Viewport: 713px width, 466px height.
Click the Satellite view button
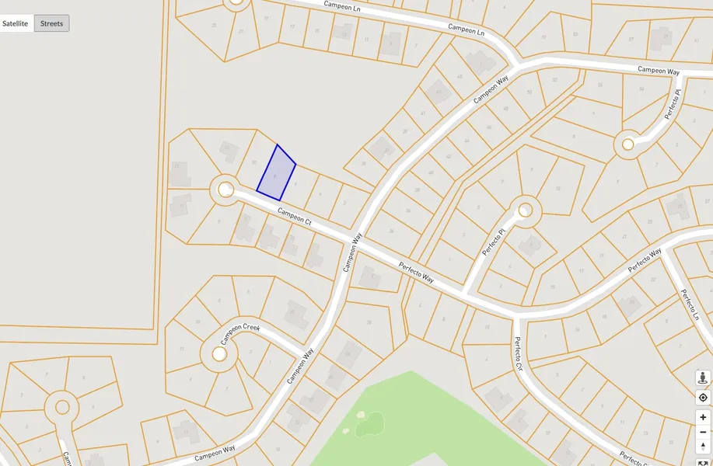pos(16,23)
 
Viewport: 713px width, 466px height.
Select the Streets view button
pos(52,23)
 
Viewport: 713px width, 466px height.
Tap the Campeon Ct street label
pos(295,217)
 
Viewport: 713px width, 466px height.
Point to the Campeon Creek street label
pos(239,333)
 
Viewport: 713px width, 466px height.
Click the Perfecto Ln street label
pos(690,305)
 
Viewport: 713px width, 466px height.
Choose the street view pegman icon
pos(703,378)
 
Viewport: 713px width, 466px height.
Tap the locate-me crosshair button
pos(703,398)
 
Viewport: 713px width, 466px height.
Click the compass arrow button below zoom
pos(703,447)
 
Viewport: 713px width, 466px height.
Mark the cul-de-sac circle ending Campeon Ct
pos(225,190)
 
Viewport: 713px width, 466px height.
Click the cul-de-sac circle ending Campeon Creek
pos(219,354)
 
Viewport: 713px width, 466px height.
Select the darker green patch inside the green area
pos(371,424)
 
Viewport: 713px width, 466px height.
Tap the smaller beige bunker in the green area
pos(345,429)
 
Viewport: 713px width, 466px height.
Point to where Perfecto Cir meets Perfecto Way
pos(515,315)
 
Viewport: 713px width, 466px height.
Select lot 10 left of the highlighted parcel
pos(254,162)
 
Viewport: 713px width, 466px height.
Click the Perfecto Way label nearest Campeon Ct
pos(416,272)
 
